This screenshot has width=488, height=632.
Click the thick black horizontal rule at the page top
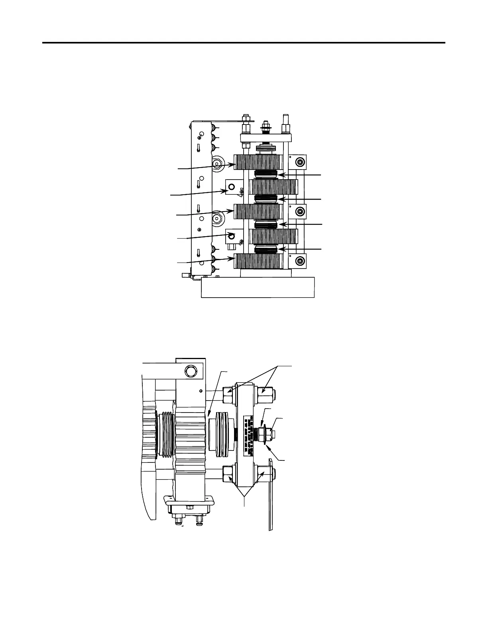244,42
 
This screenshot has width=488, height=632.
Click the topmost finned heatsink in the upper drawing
258,162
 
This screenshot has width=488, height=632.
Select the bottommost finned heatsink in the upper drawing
258,261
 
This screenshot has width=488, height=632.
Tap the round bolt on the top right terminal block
299,162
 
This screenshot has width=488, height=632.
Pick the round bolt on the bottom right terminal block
299,261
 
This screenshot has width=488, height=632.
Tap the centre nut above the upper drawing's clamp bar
265,128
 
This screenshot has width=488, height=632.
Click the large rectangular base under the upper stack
258,287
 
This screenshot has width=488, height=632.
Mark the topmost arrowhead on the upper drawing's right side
280,175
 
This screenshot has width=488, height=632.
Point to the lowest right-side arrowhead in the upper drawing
280,249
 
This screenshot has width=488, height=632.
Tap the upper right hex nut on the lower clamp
265,395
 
